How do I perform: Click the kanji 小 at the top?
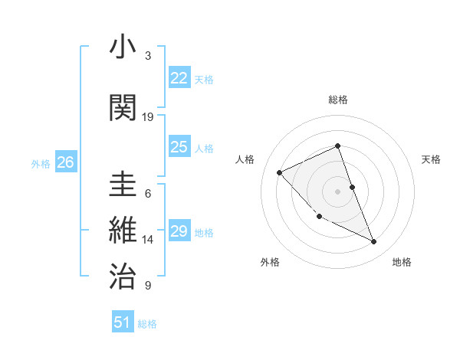pyautogui.click(x=123, y=47)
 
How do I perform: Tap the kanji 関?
pyautogui.click(x=123, y=106)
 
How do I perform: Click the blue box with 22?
pyautogui.click(x=179, y=77)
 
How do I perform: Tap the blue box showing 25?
pyautogui.click(x=179, y=147)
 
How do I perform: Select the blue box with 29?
pyautogui.click(x=179, y=231)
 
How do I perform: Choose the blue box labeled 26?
pyautogui.click(x=65, y=162)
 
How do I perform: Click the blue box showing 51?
pyautogui.click(x=123, y=322)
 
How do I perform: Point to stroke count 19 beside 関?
pyautogui.click(x=148, y=117)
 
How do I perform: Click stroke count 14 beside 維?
pyautogui.click(x=148, y=240)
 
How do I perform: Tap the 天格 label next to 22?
pyautogui.click(x=204, y=79)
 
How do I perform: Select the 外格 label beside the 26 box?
pyautogui.click(x=41, y=163)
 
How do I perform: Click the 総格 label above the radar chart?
pyautogui.click(x=338, y=100)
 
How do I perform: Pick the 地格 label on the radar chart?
pyautogui.click(x=402, y=262)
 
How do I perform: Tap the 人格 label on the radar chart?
pyautogui.click(x=245, y=159)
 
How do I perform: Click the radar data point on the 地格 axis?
pyautogui.click(x=374, y=242)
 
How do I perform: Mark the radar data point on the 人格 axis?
pyautogui.click(x=280, y=172)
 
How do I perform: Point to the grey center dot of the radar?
pyautogui.click(x=337, y=191)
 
